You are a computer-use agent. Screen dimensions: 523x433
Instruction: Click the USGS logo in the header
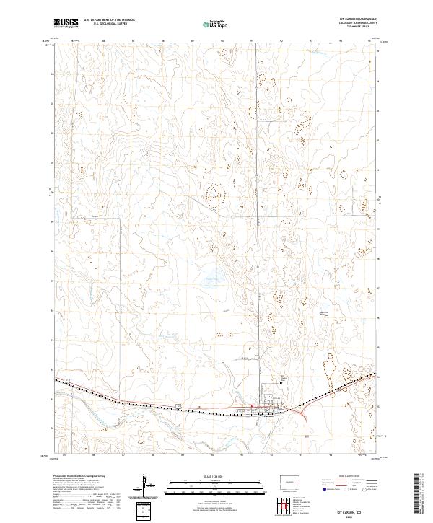coord(66,23)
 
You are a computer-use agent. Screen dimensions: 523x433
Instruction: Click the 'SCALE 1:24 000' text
coord(216,475)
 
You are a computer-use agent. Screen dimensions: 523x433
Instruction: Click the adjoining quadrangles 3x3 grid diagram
coord(288,506)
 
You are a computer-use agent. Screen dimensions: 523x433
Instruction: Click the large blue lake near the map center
coord(210,278)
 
